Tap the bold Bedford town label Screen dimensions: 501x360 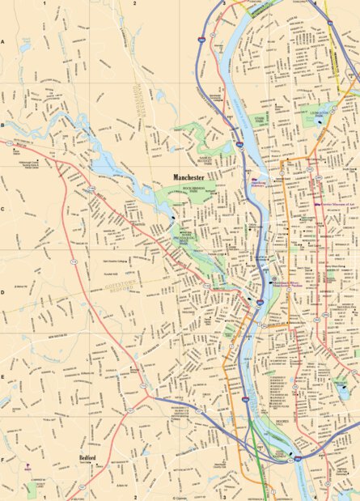click(88, 457)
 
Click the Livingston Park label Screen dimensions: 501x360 click(316, 116)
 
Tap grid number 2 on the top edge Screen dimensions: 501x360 click(134, 3)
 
